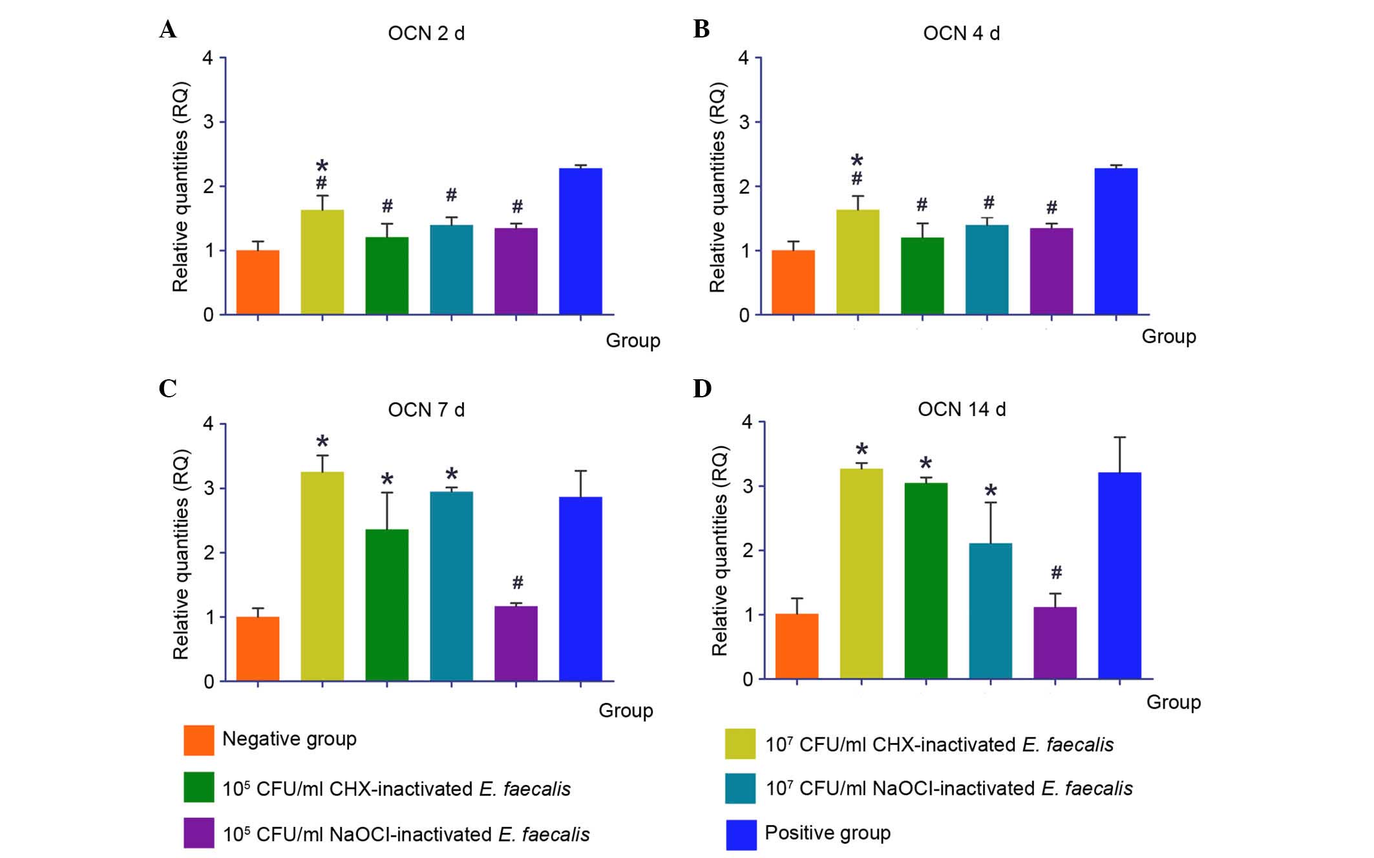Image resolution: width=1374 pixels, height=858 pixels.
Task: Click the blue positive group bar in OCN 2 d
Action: (580, 242)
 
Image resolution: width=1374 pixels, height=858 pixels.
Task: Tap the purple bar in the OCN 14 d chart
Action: (1055, 642)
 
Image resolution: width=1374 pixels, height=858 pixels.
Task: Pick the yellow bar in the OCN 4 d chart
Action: (858, 262)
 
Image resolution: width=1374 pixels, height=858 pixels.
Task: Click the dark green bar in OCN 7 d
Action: (386, 605)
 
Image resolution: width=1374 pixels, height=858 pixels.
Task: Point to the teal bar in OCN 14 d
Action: (990, 611)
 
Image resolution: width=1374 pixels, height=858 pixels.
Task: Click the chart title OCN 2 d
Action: (426, 33)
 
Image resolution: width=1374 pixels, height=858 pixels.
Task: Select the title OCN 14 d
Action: (962, 409)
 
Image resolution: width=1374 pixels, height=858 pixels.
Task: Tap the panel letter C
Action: (167, 388)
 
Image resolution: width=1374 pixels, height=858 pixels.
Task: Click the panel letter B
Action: (701, 29)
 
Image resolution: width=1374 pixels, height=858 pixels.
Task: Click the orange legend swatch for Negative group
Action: (199, 740)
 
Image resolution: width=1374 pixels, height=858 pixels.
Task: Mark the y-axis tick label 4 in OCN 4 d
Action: (744, 58)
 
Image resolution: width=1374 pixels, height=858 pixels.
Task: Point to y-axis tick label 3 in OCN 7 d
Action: (209, 488)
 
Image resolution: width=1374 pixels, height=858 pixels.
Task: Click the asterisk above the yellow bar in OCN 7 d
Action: (322, 443)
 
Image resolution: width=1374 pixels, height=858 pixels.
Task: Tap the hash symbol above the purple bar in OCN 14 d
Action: (1056, 572)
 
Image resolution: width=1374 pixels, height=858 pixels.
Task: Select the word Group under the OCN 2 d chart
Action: (633, 340)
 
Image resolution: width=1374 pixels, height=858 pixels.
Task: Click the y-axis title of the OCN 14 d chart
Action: (720, 550)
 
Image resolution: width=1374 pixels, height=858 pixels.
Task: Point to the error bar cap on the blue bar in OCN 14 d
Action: (1119, 437)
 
